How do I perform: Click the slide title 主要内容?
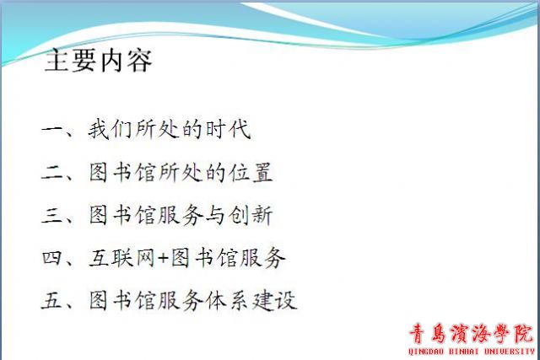(x=99, y=61)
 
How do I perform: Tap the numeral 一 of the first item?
(x=51, y=130)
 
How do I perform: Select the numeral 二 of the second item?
(x=51, y=172)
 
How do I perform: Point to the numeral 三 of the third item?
(x=51, y=215)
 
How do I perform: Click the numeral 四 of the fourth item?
(x=51, y=257)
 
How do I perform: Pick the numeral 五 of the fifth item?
(x=51, y=300)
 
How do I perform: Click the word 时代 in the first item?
(x=228, y=129)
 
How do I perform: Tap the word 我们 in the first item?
(x=111, y=129)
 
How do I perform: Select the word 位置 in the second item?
(x=251, y=172)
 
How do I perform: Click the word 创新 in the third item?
(x=251, y=215)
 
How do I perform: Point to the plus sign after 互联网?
(x=163, y=258)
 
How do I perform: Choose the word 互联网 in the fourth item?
(x=121, y=257)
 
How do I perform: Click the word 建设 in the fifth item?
(x=274, y=300)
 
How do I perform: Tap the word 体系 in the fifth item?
(x=228, y=300)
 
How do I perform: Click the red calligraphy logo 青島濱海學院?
(x=471, y=334)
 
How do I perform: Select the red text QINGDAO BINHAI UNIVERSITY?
(x=471, y=352)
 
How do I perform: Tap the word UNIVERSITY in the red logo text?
(x=510, y=352)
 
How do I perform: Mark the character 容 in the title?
(x=140, y=61)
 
